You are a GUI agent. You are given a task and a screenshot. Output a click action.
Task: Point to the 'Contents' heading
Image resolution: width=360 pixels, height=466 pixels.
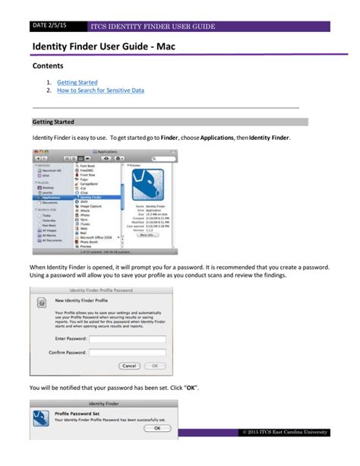49,66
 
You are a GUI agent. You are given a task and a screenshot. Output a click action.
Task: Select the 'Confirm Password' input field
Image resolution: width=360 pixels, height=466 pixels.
122,353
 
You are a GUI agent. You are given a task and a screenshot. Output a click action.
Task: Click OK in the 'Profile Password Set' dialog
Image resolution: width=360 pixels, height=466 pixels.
156,428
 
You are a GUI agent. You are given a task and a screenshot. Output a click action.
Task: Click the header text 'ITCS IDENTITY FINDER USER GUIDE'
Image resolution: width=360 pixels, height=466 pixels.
152,27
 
